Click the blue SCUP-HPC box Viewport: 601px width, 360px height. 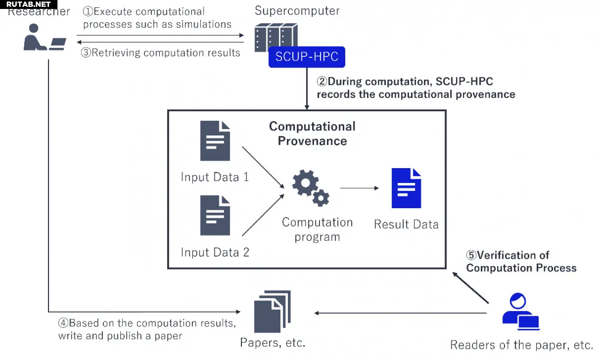pyautogui.click(x=307, y=57)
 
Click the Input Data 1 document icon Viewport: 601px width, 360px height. pyautogui.click(x=215, y=141)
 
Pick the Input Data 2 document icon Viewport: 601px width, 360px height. pyautogui.click(x=215, y=215)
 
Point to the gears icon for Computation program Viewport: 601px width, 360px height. pyautogui.click(x=311, y=188)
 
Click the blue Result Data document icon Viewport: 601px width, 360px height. pyautogui.click(x=406, y=188)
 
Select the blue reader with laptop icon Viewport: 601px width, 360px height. pyautogui.click(x=520, y=312)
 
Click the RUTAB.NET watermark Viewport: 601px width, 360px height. pyautogui.click(x=28, y=4)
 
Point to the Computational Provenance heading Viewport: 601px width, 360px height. pyautogui.click(x=313, y=133)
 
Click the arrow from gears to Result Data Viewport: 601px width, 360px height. pyautogui.click(x=360, y=188)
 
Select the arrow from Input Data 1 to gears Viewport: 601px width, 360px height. pyautogui.click(x=263, y=168)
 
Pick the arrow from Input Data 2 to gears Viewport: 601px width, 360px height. pyautogui.click(x=263, y=215)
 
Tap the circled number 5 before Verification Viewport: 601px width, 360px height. pyautogui.click(x=471, y=255)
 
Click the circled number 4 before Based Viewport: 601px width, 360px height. pyautogui.click(x=63, y=323)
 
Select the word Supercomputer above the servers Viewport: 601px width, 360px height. pyautogui.click(x=297, y=11)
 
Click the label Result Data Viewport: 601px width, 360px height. pyautogui.click(x=406, y=225)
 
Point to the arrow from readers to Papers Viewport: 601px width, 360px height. pyautogui.click(x=400, y=313)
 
